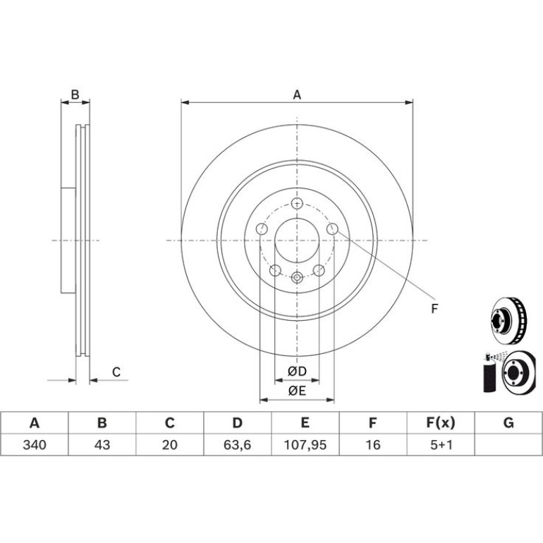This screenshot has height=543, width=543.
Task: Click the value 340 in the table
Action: tap(35, 445)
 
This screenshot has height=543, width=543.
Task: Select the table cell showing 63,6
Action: tap(237, 445)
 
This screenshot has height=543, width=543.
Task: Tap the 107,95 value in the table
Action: tap(305, 445)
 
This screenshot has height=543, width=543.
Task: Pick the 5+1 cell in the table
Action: tap(441, 445)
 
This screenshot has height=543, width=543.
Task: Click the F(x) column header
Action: tap(441, 423)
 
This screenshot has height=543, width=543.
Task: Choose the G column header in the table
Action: tap(508, 423)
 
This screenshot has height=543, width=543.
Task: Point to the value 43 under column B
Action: tap(102, 445)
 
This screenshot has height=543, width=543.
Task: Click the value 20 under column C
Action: tap(170, 445)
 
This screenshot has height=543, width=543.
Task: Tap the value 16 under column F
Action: tap(373, 445)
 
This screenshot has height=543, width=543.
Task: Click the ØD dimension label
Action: tap(297, 371)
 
